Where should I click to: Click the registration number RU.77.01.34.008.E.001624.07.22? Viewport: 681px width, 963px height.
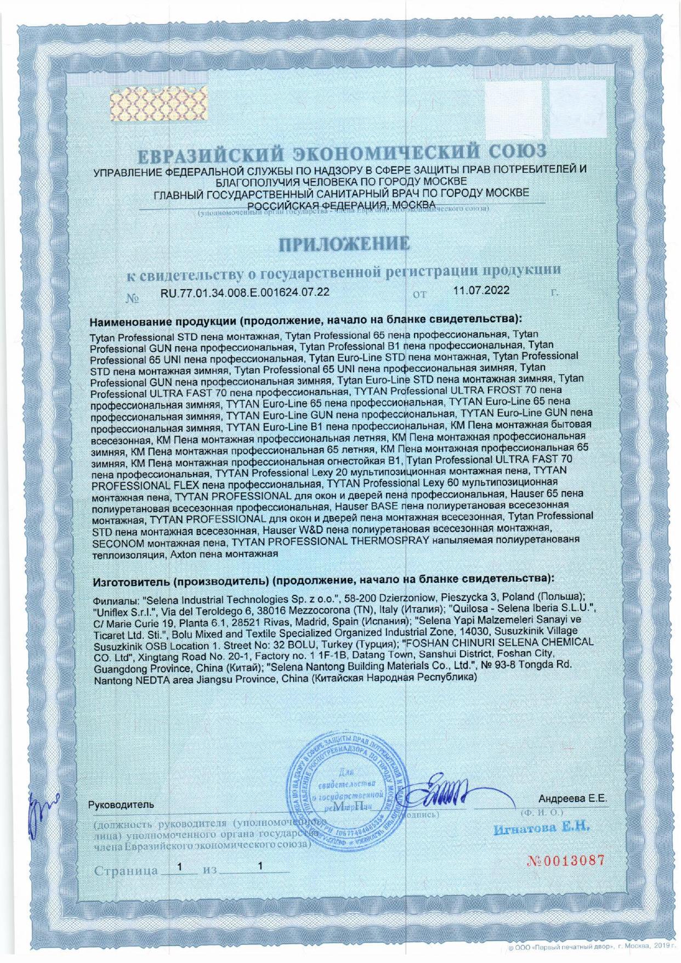tap(245, 292)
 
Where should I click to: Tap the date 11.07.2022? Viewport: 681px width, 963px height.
tap(481, 291)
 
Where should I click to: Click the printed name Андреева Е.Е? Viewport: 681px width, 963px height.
tap(572, 799)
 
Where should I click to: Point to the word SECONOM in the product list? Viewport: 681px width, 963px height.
tap(117, 543)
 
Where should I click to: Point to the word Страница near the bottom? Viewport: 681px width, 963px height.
tap(126, 871)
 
